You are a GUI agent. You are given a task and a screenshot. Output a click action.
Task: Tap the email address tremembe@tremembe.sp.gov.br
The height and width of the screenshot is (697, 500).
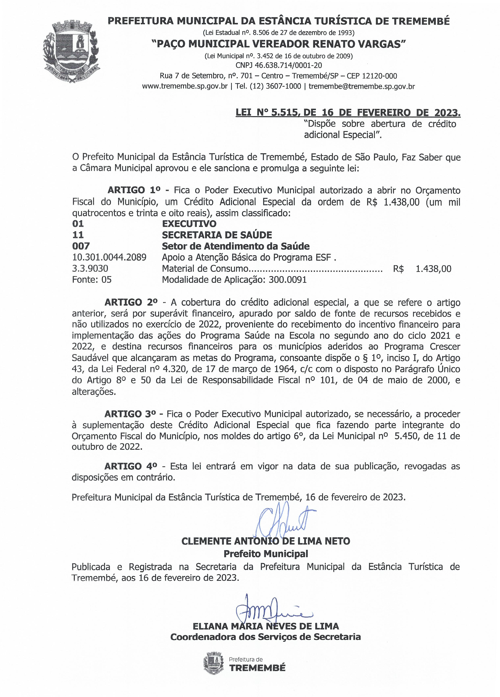361,86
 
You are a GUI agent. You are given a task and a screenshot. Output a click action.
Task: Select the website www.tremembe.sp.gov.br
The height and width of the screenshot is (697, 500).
185,86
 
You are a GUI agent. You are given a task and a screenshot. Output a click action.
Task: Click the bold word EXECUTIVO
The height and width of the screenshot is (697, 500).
189,224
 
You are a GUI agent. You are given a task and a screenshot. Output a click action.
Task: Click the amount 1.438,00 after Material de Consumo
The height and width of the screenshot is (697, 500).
433,269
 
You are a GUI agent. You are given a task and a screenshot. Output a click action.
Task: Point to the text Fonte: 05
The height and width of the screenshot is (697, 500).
92,280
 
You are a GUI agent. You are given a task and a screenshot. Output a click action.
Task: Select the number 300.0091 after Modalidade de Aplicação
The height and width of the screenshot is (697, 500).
287,280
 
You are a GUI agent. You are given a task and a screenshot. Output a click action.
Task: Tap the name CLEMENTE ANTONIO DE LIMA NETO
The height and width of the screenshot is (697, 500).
266,541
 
